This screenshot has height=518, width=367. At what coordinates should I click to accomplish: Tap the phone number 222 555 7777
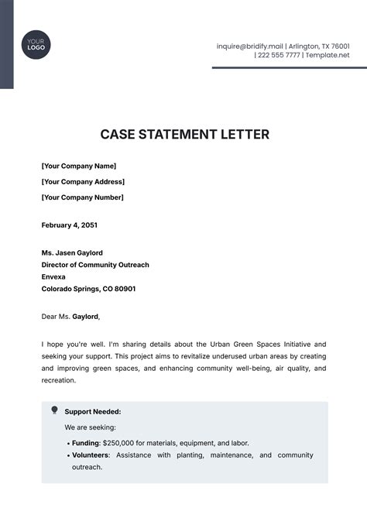coord(280,56)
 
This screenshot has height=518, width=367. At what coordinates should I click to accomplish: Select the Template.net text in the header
coord(328,56)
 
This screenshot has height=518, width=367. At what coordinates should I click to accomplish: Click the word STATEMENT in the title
coord(183,135)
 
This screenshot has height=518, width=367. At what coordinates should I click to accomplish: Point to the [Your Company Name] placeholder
coord(78,166)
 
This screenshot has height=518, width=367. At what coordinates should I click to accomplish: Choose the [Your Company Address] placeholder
coord(83,182)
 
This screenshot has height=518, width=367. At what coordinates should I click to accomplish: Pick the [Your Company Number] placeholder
coord(82,197)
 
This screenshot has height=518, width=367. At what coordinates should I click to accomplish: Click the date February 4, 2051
coord(70,225)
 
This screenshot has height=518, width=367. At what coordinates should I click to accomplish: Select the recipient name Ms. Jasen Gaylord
coord(72,253)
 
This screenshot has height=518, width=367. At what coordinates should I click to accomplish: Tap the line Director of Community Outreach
coord(95,265)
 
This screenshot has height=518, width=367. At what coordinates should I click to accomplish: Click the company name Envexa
coord(53,276)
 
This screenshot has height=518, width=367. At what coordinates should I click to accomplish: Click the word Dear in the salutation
coord(50,316)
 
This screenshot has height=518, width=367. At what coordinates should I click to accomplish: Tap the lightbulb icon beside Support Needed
coord(54,410)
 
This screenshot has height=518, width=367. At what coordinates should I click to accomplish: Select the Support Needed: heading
coord(93,412)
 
